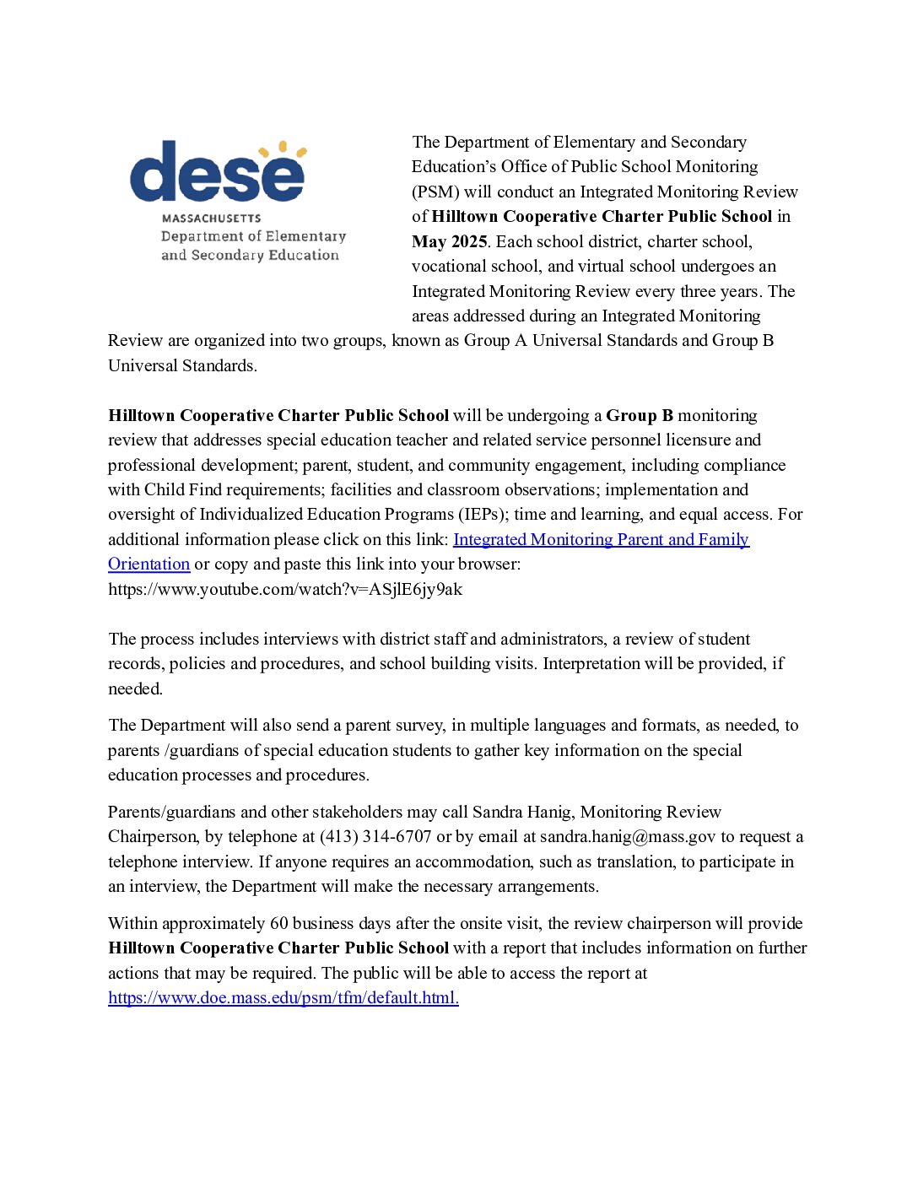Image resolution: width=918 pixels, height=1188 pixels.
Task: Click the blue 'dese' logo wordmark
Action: [216, 174]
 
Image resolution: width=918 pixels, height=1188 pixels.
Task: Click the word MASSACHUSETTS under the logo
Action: [211, 219]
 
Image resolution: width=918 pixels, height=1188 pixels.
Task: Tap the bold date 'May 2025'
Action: [449, 241]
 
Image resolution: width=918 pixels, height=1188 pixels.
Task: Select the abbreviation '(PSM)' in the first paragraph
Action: [435, 192]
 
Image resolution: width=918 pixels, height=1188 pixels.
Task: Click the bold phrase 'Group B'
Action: [640, 415]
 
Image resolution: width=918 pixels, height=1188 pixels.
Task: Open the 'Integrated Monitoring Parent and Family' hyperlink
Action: [601, 539]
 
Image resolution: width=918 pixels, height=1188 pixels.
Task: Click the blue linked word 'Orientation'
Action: [148, 564]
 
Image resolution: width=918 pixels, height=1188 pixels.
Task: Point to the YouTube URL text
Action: [285, 589]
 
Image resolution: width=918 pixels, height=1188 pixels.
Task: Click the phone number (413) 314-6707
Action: [375, 836]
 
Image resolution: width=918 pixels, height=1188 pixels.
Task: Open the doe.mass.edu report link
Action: [283, 997]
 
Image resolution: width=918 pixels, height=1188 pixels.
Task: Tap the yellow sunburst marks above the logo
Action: [282, 150]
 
